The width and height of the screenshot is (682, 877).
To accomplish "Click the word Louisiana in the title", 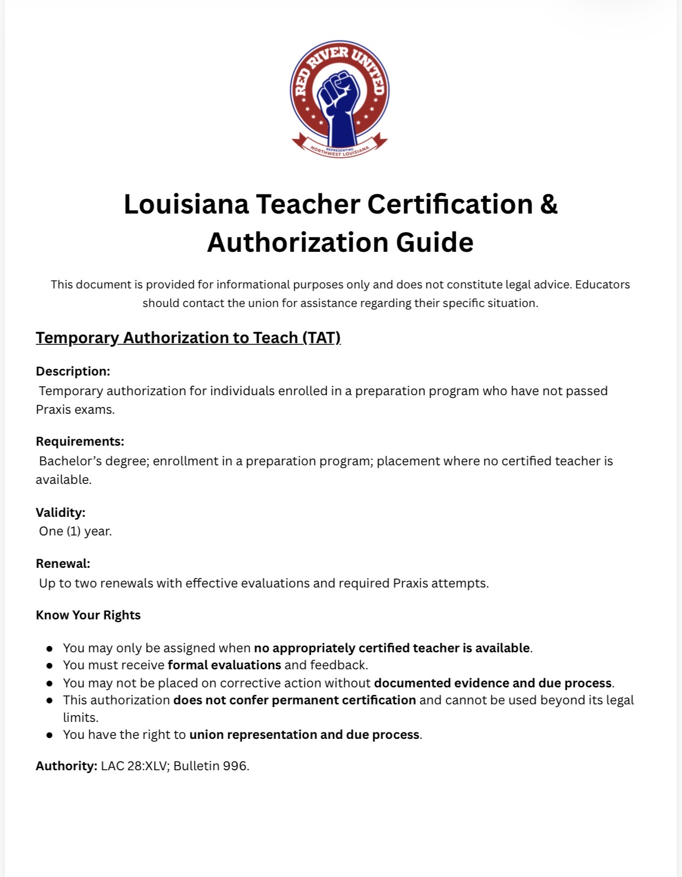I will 186,205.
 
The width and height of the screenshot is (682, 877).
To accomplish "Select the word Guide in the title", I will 434,243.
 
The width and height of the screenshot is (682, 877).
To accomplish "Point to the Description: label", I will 73,371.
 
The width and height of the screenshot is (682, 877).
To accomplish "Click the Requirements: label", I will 80,441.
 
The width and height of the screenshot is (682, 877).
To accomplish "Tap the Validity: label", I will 61,513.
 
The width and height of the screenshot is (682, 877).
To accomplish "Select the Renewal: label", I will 63,564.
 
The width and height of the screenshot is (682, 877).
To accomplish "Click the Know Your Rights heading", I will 88,615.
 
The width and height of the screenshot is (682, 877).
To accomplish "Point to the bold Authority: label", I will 66,766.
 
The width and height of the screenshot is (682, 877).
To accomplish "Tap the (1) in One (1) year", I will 73,531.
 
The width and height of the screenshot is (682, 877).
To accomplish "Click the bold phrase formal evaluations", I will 224,665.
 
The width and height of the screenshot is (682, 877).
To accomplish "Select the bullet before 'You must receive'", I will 49,666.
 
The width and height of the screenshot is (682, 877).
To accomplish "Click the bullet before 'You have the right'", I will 49,735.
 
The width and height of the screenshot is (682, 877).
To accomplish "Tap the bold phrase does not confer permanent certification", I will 294,700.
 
